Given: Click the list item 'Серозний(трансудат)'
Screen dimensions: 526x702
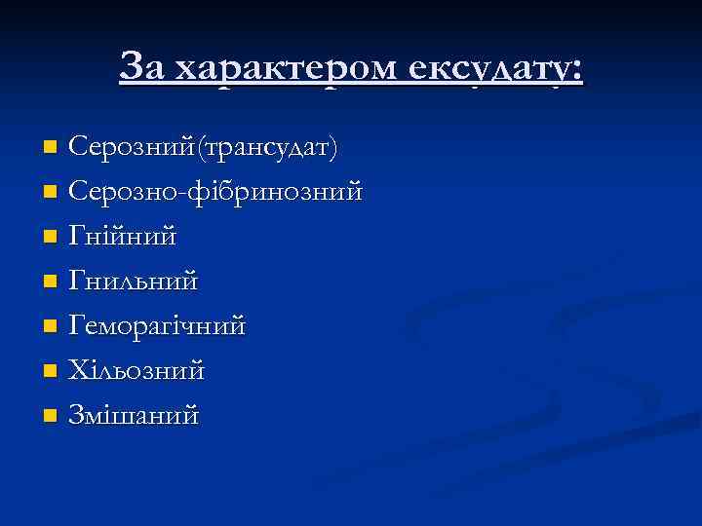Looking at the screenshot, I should point(204,147).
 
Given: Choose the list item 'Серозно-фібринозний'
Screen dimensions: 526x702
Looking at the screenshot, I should point(215,191).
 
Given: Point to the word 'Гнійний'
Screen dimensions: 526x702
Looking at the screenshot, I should point(123,236).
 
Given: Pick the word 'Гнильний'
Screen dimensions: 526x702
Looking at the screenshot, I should point(134,281).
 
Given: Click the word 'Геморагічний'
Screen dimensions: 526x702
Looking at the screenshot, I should point(157,325).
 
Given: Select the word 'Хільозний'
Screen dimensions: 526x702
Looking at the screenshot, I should point(136,370).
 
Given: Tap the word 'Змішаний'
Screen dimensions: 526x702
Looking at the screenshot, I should point(134,415).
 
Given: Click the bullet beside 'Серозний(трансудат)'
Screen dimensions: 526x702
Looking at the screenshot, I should point(52,148).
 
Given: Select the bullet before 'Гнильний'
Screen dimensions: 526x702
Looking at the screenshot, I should point(52,282).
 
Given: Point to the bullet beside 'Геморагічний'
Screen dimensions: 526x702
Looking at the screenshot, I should point(52,327).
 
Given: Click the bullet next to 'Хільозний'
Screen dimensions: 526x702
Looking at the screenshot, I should point(52,372).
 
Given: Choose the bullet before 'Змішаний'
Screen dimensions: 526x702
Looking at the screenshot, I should point(52,417).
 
